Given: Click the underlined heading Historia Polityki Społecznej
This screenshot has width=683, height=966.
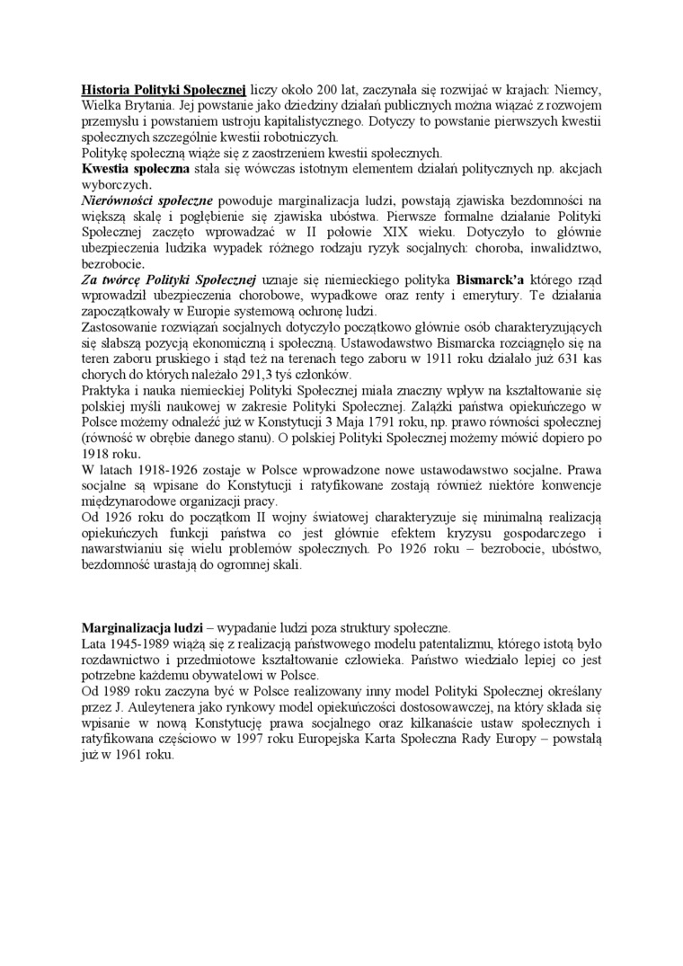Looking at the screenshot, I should (164, 91).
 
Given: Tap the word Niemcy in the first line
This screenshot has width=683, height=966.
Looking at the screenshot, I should (575, 91).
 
